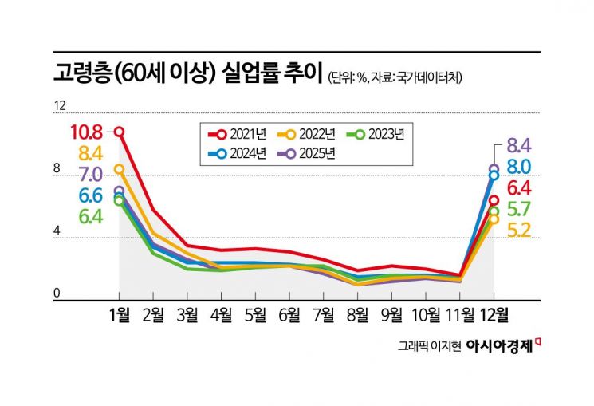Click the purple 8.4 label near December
[x=519, y=145]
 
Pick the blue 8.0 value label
[x=519, y=167]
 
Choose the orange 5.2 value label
[x=519, y=231]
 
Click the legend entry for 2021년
[x=243, y=134]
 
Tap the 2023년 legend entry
[x=380, y=134]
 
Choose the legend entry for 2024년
[x=243, y=154]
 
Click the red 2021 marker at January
[x=120, y=132]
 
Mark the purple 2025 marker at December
[x=494, y=169]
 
